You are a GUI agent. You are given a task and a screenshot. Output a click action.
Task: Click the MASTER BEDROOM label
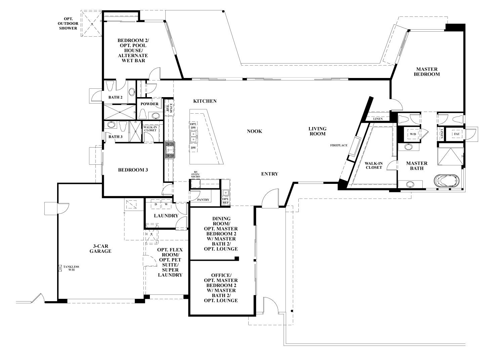(427, 71)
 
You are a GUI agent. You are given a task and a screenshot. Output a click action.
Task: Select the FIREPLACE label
(339, 145)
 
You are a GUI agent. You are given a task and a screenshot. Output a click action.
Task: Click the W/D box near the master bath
(412, 133)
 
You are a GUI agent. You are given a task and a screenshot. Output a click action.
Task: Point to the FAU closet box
(457, 133)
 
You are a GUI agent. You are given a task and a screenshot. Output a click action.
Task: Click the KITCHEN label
(205, 101)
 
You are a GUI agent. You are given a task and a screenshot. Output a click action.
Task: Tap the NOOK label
(254, 131)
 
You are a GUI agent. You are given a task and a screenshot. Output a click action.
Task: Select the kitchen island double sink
(194, 136)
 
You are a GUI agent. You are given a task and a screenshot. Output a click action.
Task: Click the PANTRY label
(203, 200)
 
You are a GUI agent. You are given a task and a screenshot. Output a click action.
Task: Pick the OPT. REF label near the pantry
(225, 201)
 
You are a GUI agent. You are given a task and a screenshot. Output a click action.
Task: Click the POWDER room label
(150, 104)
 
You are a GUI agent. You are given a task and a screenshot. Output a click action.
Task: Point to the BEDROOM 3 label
(133, 170)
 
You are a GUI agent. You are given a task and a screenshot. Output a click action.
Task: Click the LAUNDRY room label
(166, 216)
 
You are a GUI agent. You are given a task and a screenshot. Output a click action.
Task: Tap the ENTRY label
(270, 174)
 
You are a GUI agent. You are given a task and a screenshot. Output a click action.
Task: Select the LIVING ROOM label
(318, 131)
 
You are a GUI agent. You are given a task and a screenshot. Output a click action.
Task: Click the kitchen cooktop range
(169, 150)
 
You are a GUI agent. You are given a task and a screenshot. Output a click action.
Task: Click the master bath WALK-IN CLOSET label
(374, 165)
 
